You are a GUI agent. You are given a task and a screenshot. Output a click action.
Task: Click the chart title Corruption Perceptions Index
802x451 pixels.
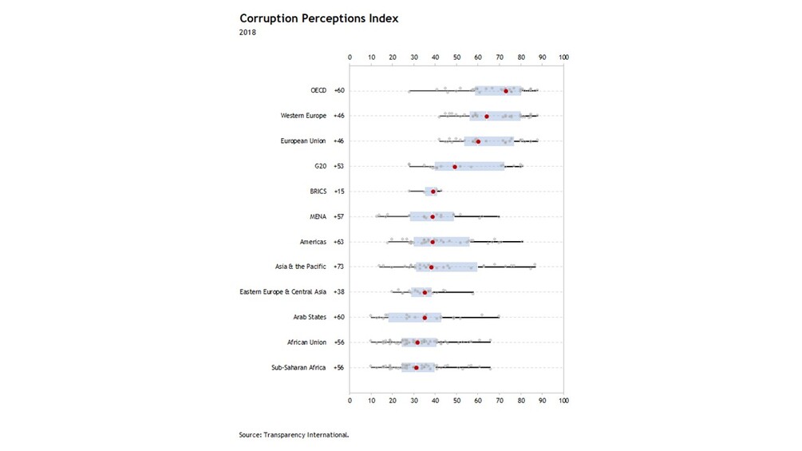[x=318, y=18]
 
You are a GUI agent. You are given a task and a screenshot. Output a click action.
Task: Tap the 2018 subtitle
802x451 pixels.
[x=248, y=33]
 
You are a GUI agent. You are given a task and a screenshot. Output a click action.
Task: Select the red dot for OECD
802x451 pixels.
[x=506, y=91]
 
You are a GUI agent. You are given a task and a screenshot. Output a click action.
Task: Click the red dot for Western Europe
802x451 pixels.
[x=487, y=117]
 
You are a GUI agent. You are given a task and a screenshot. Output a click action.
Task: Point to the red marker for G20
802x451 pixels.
[x=455, y=167]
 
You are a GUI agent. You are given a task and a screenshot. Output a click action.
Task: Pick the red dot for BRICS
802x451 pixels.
[x=433, y=192]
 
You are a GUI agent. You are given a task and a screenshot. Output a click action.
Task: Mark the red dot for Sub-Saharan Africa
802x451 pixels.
[x=417, y=368]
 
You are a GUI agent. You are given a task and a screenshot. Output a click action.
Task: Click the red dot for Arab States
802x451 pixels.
[x=425, y=318]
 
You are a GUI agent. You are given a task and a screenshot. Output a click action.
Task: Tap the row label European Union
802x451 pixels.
[x=302, y=141]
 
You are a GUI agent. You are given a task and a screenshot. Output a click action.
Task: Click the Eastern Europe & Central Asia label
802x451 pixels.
[x=283, y=292]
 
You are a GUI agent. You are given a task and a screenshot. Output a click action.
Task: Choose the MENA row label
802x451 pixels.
[x=318, y=217]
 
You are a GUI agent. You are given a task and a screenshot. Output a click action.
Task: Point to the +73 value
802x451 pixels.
[x=339, y=267]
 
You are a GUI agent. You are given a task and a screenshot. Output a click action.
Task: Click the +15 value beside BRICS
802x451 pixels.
[x=339, y=192]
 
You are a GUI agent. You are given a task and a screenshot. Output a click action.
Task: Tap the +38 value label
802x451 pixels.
[x=339, y=292]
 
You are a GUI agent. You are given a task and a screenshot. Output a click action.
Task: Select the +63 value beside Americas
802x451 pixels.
[x=339, y=242]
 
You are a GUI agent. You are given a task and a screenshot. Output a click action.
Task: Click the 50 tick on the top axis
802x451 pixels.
[x=456, y=57]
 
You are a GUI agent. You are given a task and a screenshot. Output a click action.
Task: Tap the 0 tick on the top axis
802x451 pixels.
[x=350, y=57]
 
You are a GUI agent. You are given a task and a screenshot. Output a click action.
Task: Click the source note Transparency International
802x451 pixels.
[x=294, y=435]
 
